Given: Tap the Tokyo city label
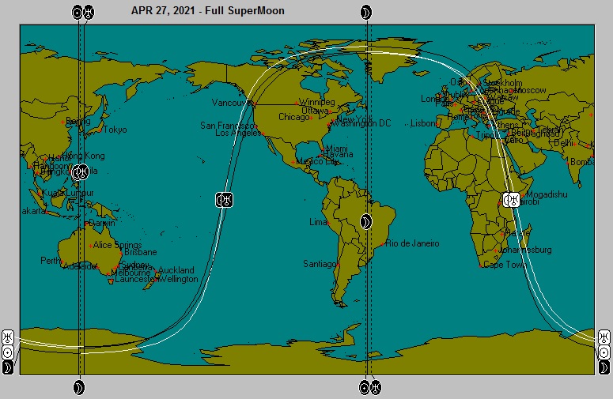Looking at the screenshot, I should point(115,130).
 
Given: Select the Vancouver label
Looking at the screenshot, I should point(231,103).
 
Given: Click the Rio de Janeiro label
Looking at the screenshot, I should point(412,243).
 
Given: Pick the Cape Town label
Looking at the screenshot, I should point(505,265).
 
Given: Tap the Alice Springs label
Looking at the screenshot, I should point(118,245).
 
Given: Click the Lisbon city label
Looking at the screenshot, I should point(424,123).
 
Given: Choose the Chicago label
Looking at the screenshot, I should point(294,118).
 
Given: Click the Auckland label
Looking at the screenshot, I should point(176,270).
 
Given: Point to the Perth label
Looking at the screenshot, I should point(51,260).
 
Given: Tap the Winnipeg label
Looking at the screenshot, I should point(317,103).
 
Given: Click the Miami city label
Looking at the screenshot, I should point(337,149).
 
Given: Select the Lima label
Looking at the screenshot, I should point(319,222).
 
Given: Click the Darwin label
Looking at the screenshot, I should point(102,224).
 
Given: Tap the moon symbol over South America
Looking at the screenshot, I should point(365,222).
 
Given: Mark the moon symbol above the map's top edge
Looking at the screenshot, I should point(365,12).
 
